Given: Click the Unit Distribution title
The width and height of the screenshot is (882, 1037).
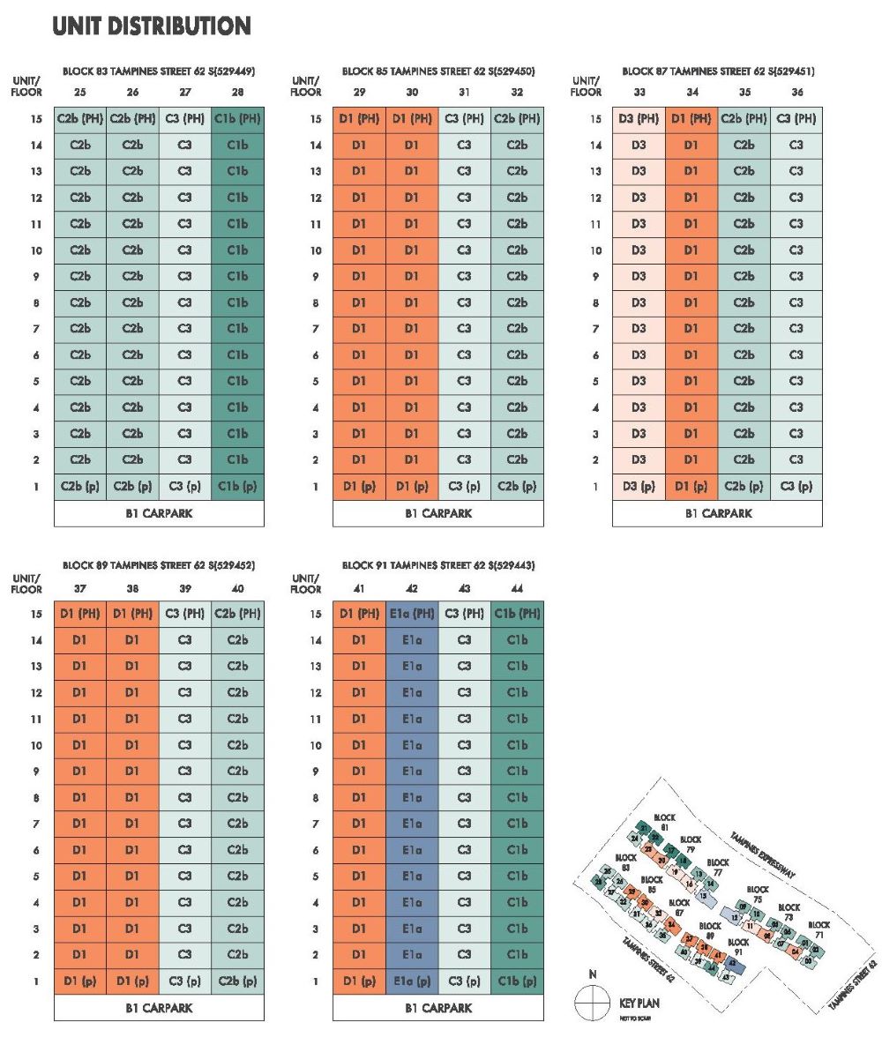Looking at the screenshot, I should point(152,27).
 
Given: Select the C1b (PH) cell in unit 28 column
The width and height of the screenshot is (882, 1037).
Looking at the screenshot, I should point(237,118).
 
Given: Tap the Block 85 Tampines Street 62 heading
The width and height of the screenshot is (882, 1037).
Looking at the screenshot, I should point(438,71).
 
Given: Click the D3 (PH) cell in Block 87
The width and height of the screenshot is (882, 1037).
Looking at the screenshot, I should point(639,118).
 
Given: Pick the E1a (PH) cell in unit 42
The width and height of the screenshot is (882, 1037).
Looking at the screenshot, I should point(412,614).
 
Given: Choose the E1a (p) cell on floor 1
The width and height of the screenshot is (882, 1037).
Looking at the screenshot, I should point(412,981).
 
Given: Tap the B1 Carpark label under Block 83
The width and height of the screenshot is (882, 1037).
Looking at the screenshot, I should point(159,513).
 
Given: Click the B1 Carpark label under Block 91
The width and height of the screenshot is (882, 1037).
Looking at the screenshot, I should point(438,1007).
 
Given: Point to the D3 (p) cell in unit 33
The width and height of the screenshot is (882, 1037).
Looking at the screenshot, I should point(639,486).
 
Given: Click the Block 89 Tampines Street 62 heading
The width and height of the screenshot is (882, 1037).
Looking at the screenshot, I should point(159,566).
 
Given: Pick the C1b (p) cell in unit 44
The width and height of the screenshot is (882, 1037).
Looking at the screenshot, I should point(517,981).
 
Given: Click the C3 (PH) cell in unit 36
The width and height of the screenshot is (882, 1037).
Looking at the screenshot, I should point(796,118).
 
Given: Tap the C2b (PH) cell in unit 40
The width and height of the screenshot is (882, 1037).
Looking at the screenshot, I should point(237,614).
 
